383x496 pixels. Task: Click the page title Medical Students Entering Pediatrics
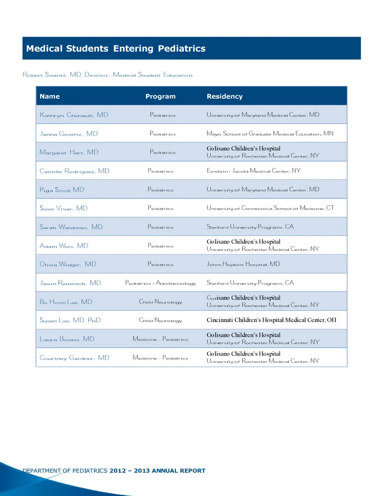(116, 49)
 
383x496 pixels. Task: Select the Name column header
(49, 96)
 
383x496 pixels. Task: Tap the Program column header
(160, 96)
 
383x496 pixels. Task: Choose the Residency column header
(225, 96)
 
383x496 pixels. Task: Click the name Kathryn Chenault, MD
(74, 115)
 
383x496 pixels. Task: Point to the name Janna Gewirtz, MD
(69, 134)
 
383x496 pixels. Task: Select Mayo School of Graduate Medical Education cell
(270, 134)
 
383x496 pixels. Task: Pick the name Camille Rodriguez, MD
(74, 171)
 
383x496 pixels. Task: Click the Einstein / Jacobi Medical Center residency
(253, 171)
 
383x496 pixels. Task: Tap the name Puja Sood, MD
(62, 190)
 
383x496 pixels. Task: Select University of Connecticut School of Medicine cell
(270, 208)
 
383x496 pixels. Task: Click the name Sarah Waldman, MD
(71, 227)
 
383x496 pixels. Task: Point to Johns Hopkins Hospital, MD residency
(243, 264)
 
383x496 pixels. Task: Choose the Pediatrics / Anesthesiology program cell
(160, 283)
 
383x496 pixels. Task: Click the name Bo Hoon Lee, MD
(66, 302)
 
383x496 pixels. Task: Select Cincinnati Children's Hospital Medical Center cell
(271, 320)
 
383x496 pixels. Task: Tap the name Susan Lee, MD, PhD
(70, 320)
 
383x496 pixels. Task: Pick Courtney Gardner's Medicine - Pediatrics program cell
(160, 358)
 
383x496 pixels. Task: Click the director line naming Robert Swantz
(108, 75)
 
